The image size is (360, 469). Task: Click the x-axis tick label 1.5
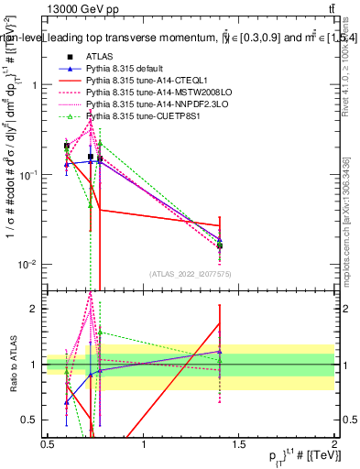point(240,444)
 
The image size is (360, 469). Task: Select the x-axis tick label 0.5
point(48,444)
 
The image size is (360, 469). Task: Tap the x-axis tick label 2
point(334,444)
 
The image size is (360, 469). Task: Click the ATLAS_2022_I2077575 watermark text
point(190,273)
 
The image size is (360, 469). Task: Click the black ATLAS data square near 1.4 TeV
point(219,245)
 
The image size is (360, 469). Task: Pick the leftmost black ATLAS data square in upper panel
point(66,146)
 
